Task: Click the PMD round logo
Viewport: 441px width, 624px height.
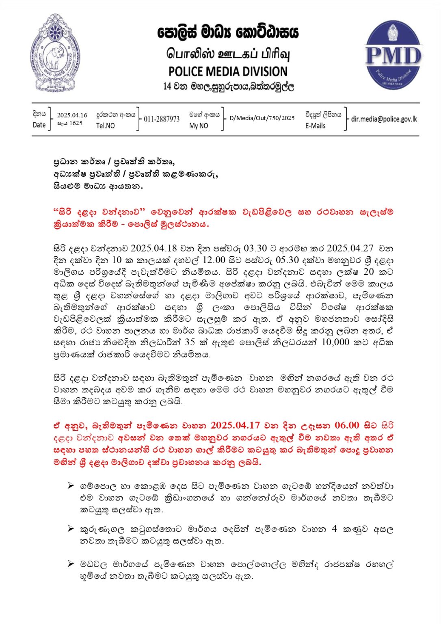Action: [x=393, y=55]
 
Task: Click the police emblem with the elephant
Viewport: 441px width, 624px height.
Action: [x=55, y=53]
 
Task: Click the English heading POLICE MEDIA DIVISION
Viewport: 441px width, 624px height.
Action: [x=228, y=71]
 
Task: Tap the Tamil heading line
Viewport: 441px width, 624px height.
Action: [x=228, y=54]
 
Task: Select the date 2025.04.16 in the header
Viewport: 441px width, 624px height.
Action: [x=72, y=115]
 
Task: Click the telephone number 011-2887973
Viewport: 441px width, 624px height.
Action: [x=162, y=119]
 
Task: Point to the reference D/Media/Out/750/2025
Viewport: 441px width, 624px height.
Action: [x=262, y=118]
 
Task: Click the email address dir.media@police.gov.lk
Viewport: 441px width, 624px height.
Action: [x=384, y=119]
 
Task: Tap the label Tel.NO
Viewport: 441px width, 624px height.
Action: [x=105, y=126]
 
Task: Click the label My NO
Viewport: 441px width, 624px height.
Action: [x=198, y=126]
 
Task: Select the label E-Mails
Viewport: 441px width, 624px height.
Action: [x=316, y=126]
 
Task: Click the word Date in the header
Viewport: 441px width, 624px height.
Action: [x=39, y=125]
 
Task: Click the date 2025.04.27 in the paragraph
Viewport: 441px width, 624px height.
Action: [x=347, y=248]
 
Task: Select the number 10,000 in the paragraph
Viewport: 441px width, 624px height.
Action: [x=335, y=342]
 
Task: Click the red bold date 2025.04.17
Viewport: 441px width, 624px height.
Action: [x=235, y=425]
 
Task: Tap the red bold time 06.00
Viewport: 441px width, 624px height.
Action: [x=347, y=425]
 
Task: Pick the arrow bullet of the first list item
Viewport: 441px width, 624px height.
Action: [x=71, y=485]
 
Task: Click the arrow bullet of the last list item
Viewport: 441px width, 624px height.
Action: [x=71, y=564]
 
